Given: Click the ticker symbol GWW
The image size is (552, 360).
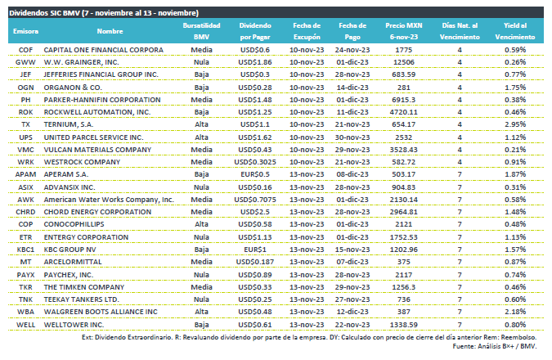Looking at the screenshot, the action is (25, 62).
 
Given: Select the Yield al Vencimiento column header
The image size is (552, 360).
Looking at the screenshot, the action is (515, 31).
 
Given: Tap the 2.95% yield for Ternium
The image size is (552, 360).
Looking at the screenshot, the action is (515, 124).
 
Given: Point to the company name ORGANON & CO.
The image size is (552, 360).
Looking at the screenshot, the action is (73, 88).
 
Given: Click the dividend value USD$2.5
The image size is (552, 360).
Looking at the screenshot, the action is (255, 212).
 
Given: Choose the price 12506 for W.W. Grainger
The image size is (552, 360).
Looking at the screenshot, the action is (403, 62).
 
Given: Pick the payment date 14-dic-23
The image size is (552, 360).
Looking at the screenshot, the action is (352, 88).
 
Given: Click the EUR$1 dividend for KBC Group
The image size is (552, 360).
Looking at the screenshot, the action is (255, 250).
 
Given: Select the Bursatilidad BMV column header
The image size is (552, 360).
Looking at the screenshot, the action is (201, 31).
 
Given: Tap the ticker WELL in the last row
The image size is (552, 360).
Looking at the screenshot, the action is (25, 325).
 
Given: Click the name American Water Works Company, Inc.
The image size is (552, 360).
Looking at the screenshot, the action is (109, 200).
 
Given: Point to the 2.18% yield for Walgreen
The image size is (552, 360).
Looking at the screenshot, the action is (515, 312).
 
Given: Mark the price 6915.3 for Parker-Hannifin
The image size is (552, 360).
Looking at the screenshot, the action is (403, 100).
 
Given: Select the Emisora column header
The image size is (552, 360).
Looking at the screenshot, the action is (25, 31).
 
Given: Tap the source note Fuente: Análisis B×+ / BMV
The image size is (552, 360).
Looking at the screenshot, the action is (495, 346).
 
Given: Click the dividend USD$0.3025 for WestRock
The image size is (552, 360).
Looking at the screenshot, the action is (255, 162).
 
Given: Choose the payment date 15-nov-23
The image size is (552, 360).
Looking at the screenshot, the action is (352, 250).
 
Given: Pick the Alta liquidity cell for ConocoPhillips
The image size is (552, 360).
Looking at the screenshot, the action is (201, 224).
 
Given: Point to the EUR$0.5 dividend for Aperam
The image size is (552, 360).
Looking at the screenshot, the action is (255, 174).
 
